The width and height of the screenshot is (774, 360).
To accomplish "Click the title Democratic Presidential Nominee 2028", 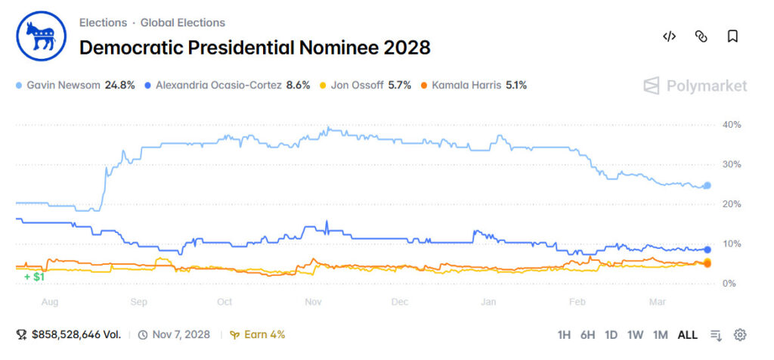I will (x=255, y=48).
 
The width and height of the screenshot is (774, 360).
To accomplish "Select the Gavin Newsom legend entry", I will (x=75, y=85).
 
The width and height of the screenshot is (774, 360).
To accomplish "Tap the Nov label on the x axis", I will (x=314, y=302).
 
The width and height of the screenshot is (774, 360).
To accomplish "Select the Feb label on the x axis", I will (x=577, y=302).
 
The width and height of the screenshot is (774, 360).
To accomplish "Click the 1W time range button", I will (x=635, y=335).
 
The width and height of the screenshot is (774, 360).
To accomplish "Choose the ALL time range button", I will (x=687, y=335).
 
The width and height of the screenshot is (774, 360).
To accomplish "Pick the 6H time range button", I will (x=587, y=335).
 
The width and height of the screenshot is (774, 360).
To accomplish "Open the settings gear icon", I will (x=740, y=335).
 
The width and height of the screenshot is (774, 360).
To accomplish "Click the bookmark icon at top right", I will (x=732, y=36).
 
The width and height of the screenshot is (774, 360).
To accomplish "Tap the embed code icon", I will (x=669, y=36).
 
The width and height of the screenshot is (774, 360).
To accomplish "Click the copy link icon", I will (x=701, y=36).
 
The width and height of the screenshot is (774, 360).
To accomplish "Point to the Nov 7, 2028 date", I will (x=180, y=334).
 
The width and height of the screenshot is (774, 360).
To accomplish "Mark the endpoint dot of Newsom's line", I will (x=707, y=185).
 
